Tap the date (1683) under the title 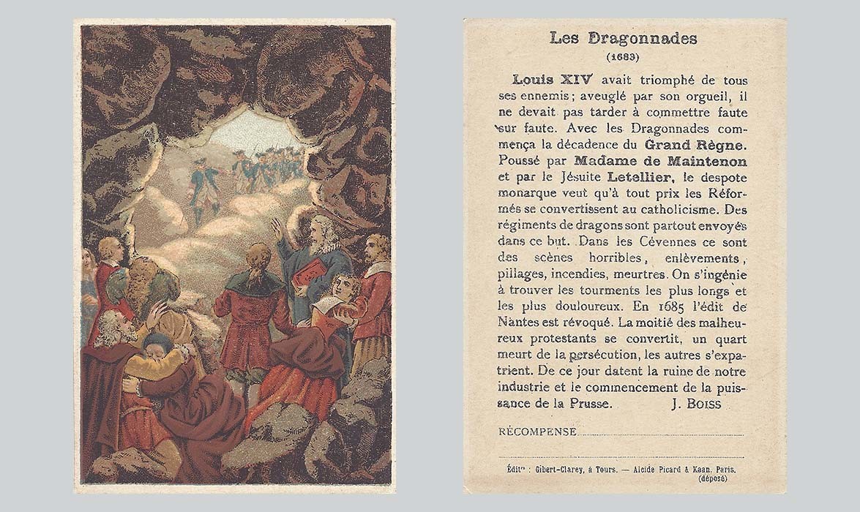point(624,56)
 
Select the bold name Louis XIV point(547,80)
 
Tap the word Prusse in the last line point(592,404)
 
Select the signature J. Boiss point(695,404)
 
